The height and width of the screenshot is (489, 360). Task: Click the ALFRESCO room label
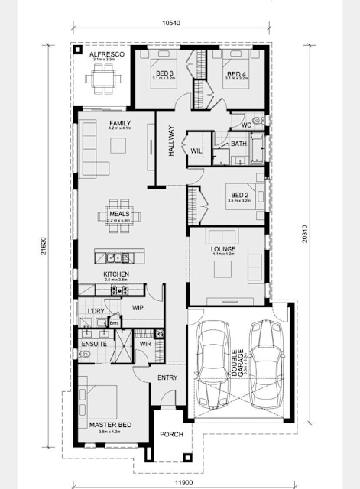[102, 56]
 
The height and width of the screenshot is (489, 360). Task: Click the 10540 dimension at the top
[172, 24]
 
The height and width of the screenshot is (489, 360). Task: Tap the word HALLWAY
[171, 141]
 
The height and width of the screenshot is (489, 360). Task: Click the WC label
[246, 124]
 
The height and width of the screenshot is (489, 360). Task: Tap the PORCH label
[170, 436]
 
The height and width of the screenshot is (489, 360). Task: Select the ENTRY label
[167, 378]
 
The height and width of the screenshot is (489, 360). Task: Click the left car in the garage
[213, 362]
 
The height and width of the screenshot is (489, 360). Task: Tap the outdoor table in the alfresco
[101, 76]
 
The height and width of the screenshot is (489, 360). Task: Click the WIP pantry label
[138, 307]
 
